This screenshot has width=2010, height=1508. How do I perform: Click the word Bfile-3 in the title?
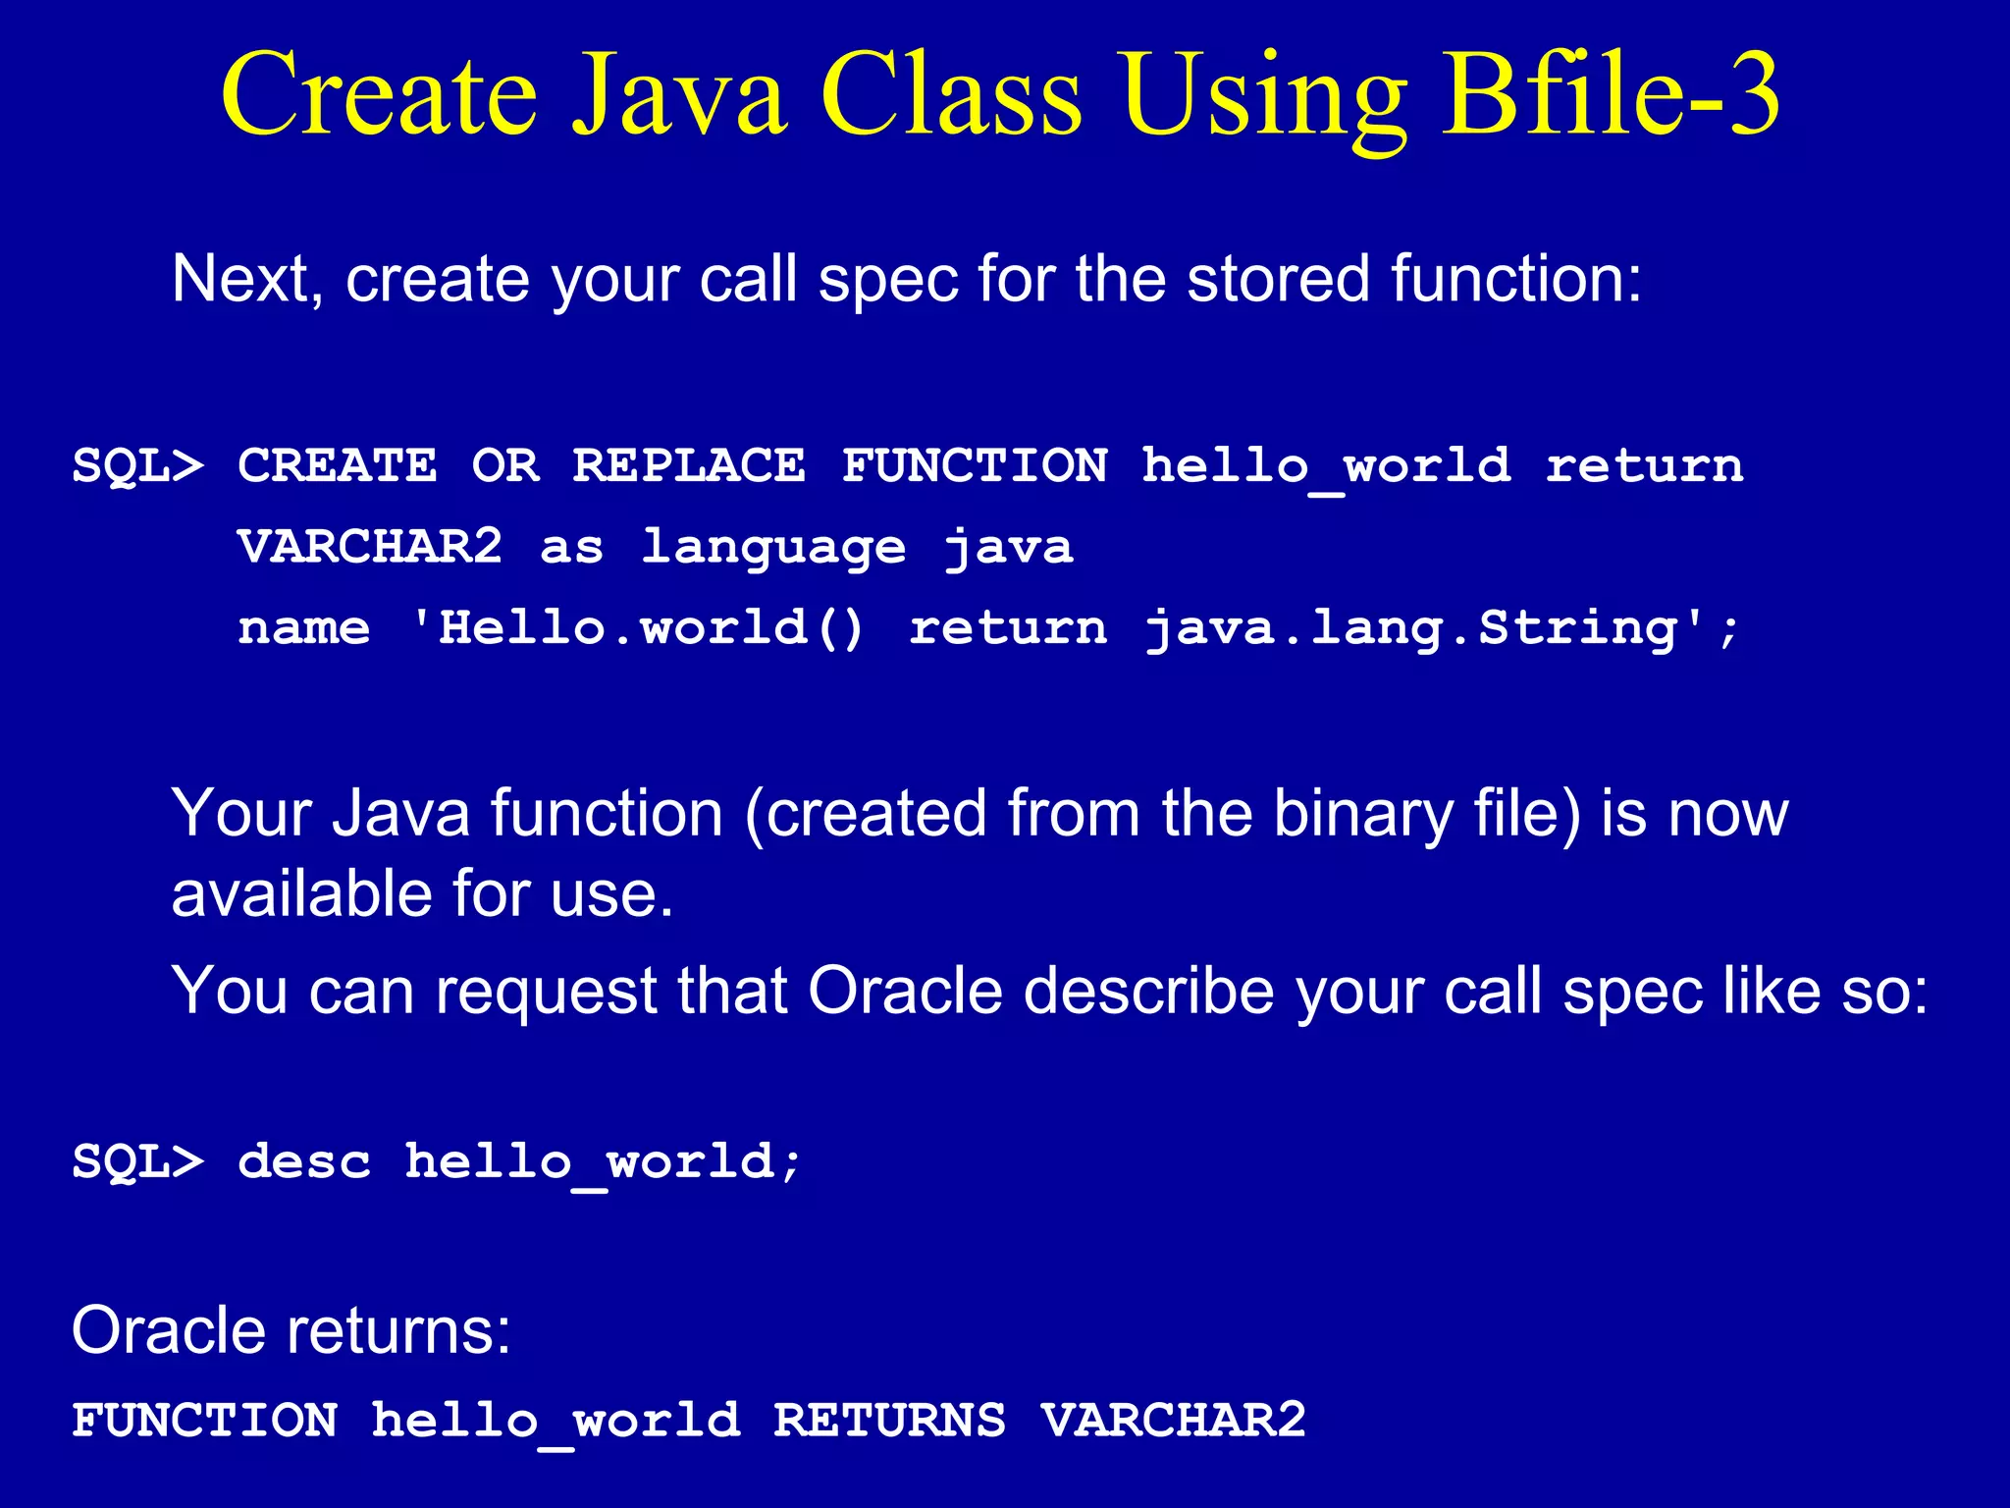(x=1610, y=95)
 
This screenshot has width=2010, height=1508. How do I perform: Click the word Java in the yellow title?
(x=679, y=95)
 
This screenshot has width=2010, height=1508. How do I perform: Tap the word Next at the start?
(x=241, y=280)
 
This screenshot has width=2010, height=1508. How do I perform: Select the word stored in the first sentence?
(x=1279, y=280)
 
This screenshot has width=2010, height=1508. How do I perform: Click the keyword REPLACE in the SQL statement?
(x=688, y=465)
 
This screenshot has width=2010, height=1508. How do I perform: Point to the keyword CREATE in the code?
(x=337, y=465)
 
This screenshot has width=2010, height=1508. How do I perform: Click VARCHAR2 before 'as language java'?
(x=370, y=546)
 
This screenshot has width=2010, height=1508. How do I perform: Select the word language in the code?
(x=772, y=548)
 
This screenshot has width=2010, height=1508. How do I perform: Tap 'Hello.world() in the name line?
(x=638, y=628)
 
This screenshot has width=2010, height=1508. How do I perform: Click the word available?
(x=302, y=894)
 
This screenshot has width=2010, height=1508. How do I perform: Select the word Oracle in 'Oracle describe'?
(x=905, y=991)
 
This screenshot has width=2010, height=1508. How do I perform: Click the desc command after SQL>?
(x=304, y=1161)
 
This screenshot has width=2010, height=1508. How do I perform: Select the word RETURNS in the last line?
(x=889, y=1421)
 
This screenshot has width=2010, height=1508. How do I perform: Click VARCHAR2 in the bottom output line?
(x=1173, y=1421)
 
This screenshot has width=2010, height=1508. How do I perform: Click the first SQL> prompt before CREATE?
(x=137, y=465)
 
